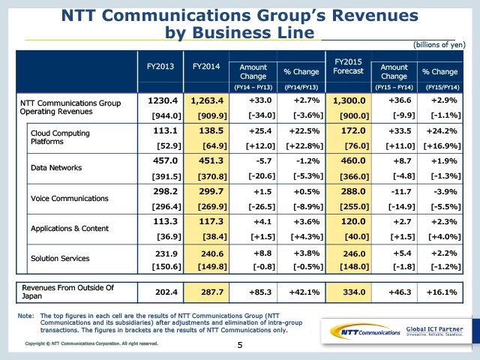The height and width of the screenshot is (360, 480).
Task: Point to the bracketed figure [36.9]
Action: tap(163, 235)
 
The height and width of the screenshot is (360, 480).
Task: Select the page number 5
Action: tap(240, 345)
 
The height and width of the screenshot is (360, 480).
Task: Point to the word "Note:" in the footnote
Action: tap(25, 316)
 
